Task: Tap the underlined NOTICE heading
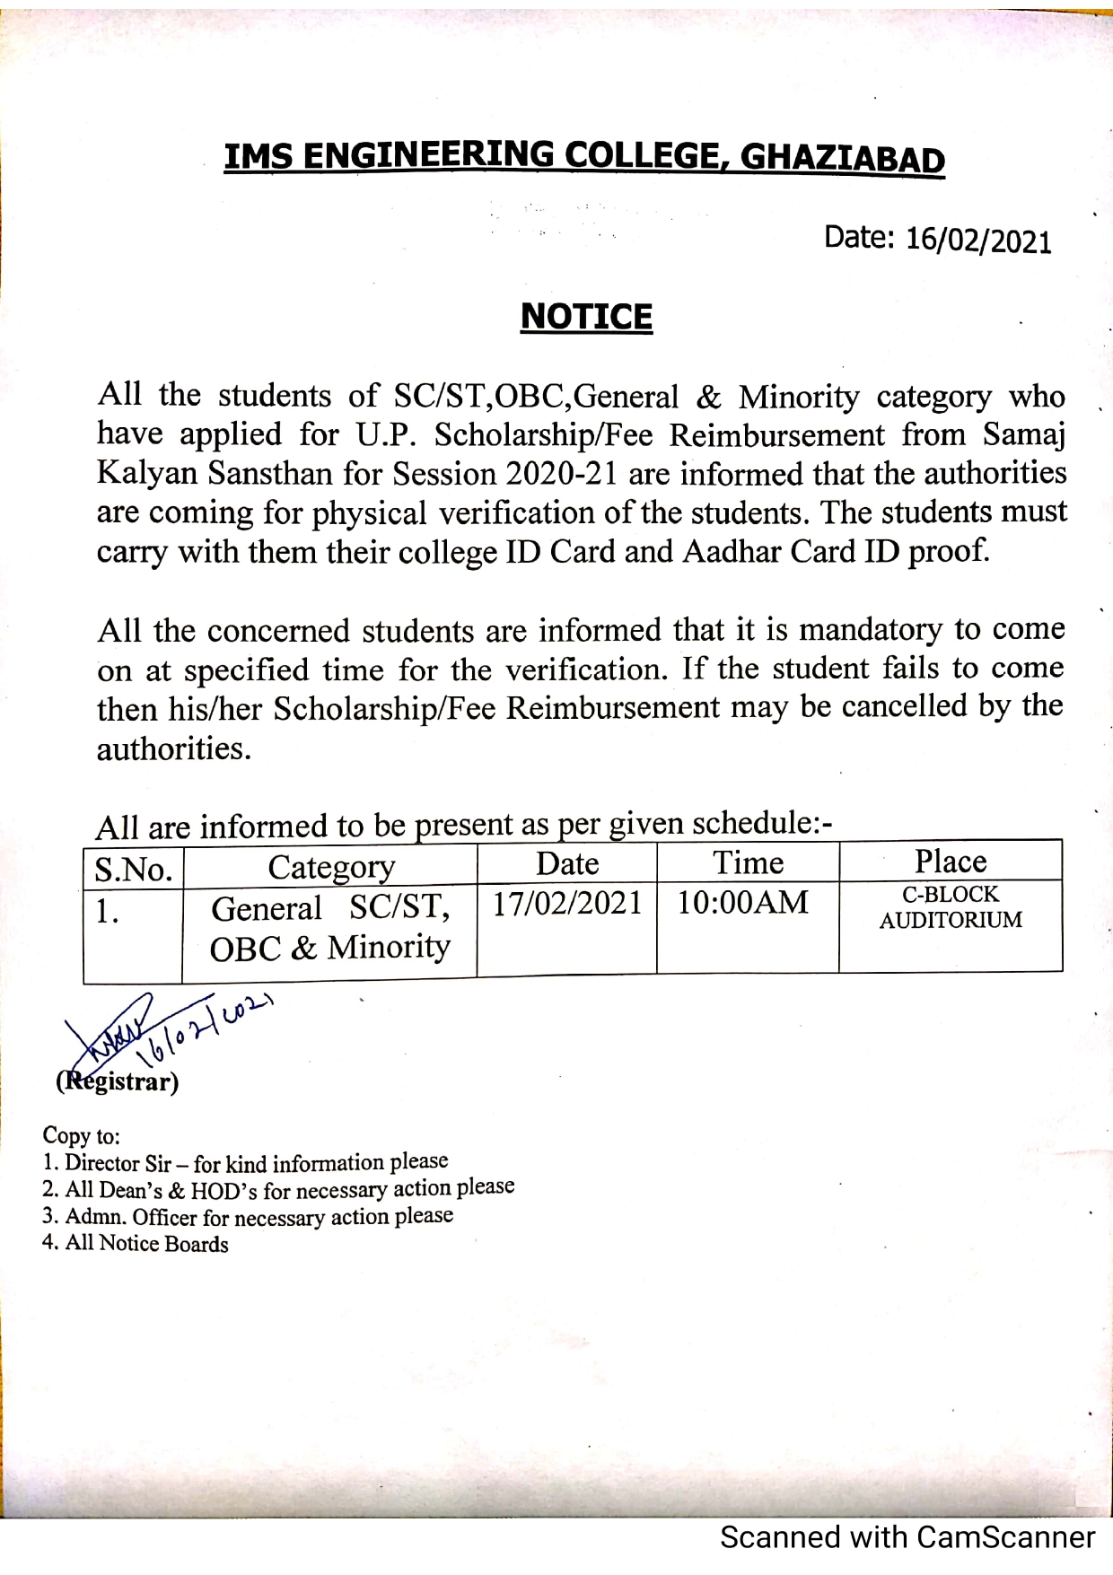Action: point(586,317)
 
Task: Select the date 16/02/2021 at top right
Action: point(978,241)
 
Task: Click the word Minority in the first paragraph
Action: point(799,396)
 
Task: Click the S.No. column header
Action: point(133,869)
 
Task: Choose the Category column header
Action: point(330,867)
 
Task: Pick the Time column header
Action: point(748,862)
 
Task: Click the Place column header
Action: point(951,862)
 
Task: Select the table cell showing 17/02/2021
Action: point(567,903)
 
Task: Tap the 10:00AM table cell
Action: point(743,902)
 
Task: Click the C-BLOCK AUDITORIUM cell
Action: point(951,907)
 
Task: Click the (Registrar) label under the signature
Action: point(118,1081)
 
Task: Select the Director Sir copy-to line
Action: point(245,1163)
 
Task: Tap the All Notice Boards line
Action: point(136,1244)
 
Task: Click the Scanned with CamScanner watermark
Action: point(907,1537)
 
